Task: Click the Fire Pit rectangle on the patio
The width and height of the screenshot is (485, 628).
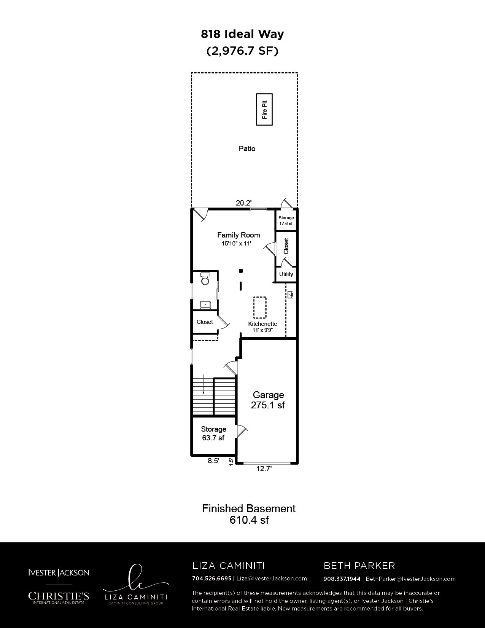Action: click(x=264, y=109)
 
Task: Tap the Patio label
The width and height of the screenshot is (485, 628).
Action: click(x=247, y=148)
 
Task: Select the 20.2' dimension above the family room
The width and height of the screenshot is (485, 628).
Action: click(x=244, y=203)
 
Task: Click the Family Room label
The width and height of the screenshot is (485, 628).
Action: click(x=239, y=235)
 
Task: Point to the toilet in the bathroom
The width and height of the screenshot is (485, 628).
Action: click(x=205, y=278)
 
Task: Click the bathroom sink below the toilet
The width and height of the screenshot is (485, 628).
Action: click(x=205, y=304)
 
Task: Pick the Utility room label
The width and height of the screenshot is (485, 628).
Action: click(x=286, y=274)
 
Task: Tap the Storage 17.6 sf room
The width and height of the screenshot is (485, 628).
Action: click(x=286, y=220)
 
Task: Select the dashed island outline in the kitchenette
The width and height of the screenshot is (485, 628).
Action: click(x=260, y=308)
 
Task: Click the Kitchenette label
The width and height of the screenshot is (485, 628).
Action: click(x=262, y=324)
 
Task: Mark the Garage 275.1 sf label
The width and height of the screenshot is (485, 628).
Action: click(x=268, y=400)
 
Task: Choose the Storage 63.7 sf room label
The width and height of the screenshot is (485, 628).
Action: click(x=213, y=433)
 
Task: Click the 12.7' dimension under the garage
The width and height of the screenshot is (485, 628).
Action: click(x=264, y=469)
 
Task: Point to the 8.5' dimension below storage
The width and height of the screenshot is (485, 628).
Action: click(x=213, y=461)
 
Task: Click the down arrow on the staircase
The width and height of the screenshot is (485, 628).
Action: click(x=204, y=384)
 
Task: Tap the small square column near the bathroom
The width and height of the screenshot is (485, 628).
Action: click(x=241, y=271)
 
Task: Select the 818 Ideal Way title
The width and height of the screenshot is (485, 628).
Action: click(x=242, y=34)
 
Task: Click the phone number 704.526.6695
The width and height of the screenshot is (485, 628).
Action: click(x=212, y=579)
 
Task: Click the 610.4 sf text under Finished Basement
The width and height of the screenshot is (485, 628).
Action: click(x=249, y=520)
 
